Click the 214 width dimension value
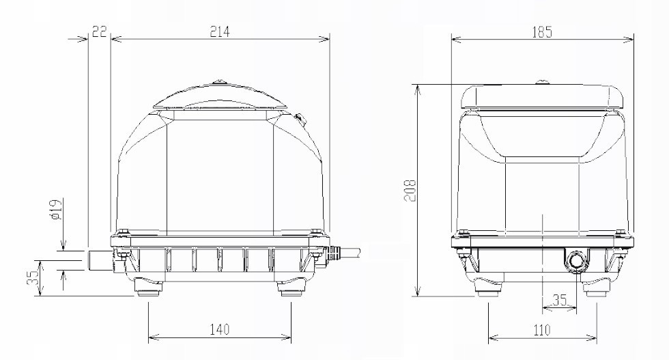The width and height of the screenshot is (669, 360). (220, 31)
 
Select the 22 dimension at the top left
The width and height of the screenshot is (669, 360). (99, 31)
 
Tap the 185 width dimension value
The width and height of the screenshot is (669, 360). (542, 31)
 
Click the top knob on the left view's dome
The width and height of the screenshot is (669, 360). (220, 83)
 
